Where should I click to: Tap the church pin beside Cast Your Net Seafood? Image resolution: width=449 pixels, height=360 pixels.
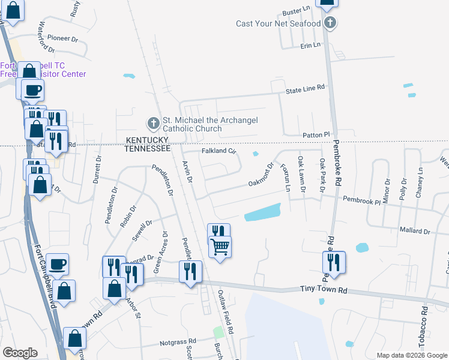click(x=330, y=23)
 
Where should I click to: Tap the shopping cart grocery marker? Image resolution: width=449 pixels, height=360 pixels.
click(x=220, y=246)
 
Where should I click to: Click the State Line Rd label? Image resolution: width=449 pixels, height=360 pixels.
click(x=305, y=88)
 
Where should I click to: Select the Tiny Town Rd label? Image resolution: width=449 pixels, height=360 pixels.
click(x=324, y=290)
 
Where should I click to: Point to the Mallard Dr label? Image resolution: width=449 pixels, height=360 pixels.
click(x=414, y=230)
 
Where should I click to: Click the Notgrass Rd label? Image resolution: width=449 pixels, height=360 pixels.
click(x=170, y=344)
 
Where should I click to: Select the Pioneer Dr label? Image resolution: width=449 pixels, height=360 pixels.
click(x=63, y=38)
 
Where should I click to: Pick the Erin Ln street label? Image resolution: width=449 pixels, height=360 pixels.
click(x=311, y=45)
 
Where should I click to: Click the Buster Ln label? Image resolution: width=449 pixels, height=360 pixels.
click(x=298, y=11)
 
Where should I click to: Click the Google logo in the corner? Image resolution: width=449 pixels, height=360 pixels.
click(x=20, y=353)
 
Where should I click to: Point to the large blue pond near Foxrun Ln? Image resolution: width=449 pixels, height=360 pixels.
click(x=262, y=212)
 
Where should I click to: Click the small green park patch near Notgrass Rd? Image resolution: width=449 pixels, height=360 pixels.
click(x=218, y=332)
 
